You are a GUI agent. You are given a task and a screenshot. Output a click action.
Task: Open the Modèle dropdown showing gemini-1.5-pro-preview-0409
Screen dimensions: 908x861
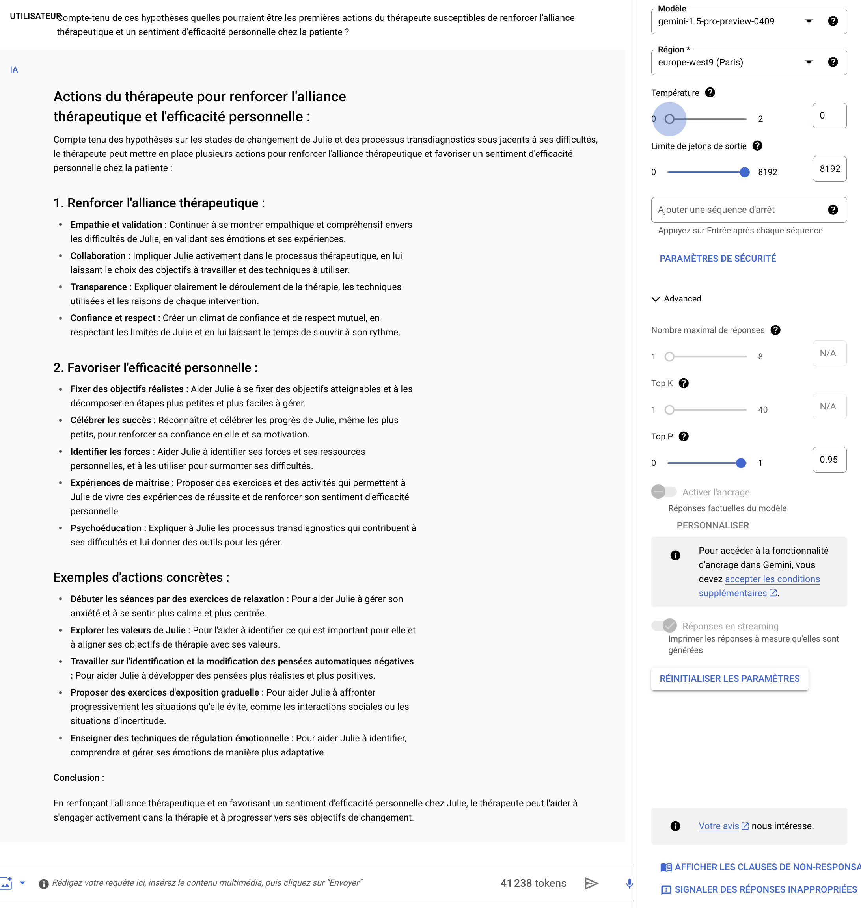734,22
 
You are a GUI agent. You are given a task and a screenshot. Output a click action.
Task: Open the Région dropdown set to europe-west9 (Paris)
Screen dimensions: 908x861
734,62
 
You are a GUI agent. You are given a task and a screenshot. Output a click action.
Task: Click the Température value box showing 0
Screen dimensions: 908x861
829,115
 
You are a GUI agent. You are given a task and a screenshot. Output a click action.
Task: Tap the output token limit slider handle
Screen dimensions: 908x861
744,173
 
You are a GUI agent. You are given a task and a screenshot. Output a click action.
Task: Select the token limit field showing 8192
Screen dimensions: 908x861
829,169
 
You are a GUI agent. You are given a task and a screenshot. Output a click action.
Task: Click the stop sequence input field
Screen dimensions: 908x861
739,210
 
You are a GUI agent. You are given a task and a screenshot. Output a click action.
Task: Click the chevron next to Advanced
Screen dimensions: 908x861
655,299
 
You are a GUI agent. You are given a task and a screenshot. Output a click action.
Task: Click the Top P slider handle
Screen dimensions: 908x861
740,463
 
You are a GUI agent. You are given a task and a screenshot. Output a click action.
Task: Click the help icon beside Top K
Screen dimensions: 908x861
683,383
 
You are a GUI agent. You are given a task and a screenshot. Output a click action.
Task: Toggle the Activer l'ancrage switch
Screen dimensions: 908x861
663,492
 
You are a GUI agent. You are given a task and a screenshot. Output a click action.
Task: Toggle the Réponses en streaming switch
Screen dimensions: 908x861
663,626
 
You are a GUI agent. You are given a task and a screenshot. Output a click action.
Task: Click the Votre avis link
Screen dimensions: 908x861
718,826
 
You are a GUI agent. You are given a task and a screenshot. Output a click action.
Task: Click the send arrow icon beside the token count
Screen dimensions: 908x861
591,883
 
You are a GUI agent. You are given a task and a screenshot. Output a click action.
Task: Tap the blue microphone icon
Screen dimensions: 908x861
629,883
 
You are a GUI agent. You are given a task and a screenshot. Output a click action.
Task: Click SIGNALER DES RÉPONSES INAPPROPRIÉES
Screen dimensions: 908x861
765,889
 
